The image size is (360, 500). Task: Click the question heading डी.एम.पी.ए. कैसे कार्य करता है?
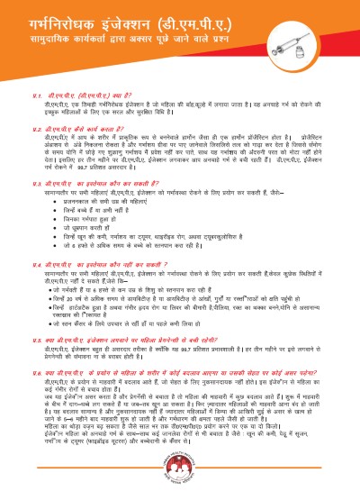click(86, 130)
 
